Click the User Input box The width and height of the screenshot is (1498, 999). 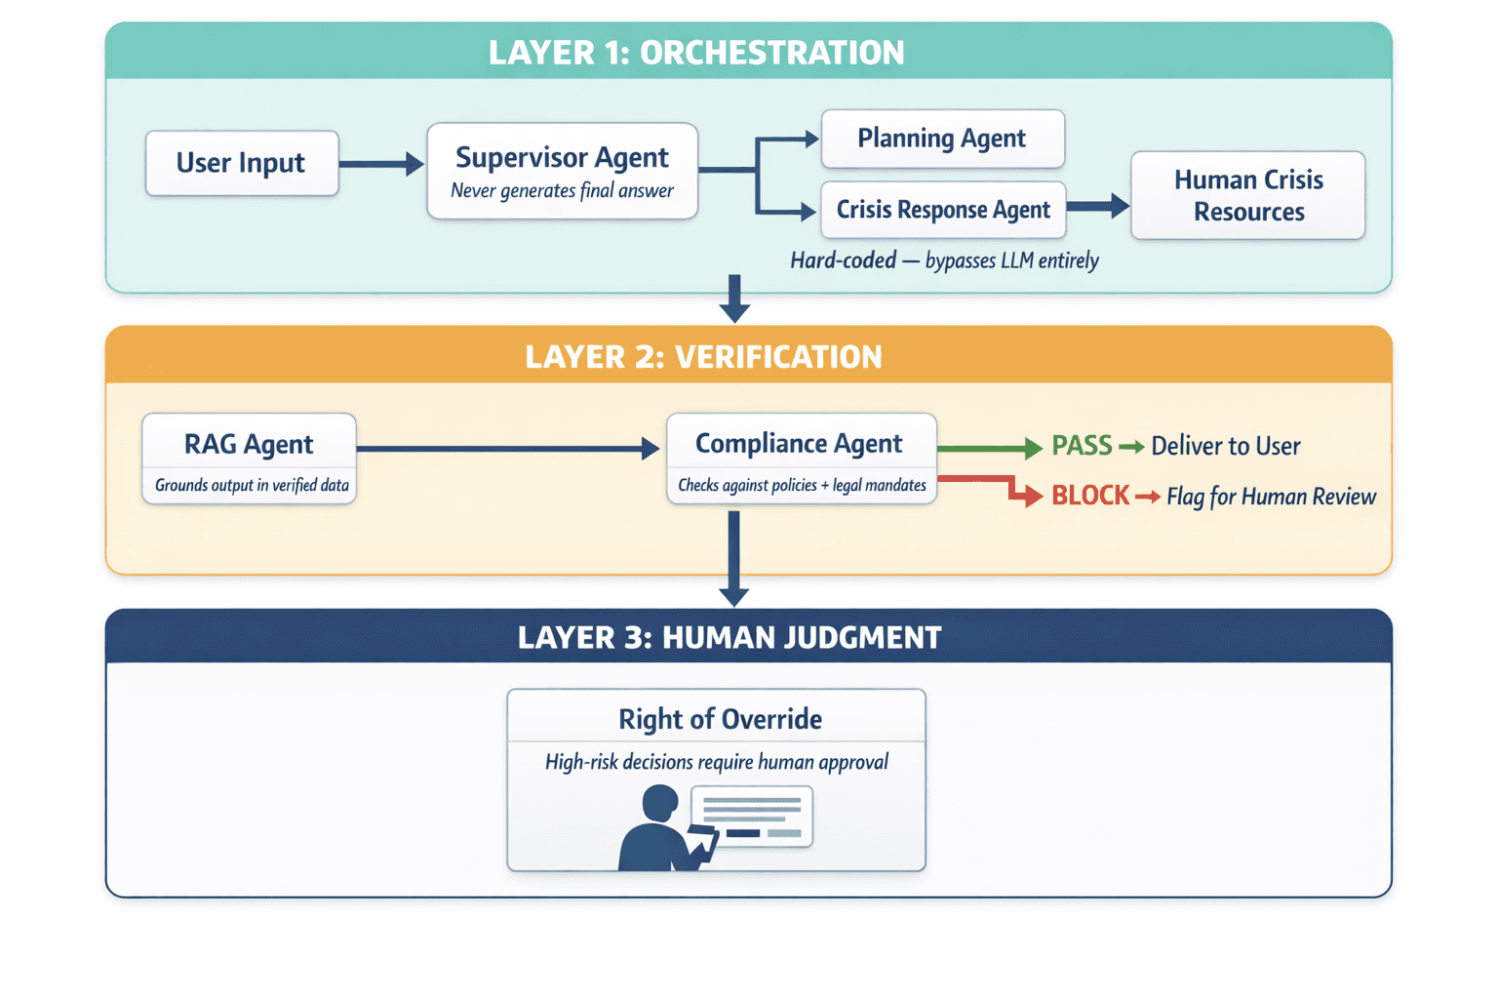tap(242, 163)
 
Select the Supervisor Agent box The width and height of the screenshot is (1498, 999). tap(562, 171)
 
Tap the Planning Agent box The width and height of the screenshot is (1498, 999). tap(942, 139)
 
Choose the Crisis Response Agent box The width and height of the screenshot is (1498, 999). tap(943, 210)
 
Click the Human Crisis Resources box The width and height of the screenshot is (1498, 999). tap(1247, 195)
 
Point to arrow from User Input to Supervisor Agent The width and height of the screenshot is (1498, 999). tap(380, 164)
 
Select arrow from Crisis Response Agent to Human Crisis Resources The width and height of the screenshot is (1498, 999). tap(1097, 206)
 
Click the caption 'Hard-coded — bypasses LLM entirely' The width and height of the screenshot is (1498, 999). tap(944, 260)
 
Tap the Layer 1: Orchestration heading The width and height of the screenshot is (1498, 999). tap(696, 53)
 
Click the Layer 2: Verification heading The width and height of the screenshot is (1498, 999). tap(703, 357)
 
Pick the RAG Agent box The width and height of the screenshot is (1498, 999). tap(249, 459)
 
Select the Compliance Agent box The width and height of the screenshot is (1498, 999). tap(801, 459)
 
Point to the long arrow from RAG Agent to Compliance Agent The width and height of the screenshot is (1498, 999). tap(507, 449)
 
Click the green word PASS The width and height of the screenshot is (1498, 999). tap(1082, 446)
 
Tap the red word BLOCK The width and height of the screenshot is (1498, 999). tap(1090, 496)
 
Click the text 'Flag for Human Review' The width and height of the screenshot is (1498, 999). tap(1271, 497)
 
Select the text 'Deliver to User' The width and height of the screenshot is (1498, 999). tap(1225, 446)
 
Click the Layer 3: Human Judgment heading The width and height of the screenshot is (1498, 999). tap(729, 638)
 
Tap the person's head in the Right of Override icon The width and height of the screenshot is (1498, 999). tap(660, 804)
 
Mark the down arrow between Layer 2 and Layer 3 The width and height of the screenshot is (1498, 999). tap(733, 561)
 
